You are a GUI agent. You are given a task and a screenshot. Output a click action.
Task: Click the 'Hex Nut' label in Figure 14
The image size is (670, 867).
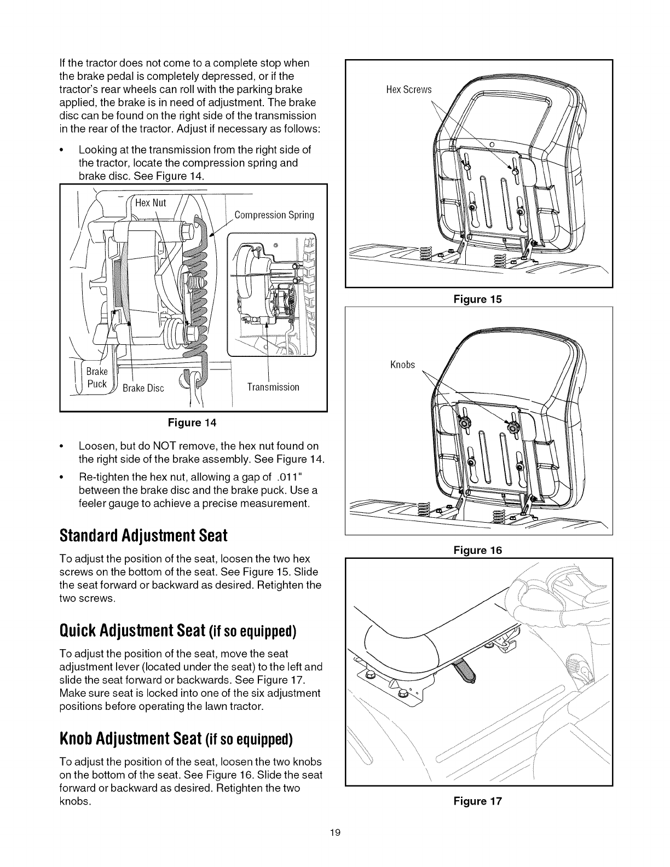click(151, 203)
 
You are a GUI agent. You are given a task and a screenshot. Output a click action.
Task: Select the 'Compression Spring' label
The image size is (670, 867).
click(274, 215)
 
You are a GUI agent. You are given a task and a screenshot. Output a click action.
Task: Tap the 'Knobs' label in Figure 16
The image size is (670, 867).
click(402, 365)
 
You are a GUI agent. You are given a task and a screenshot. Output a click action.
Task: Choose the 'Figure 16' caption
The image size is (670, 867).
click(477, 550)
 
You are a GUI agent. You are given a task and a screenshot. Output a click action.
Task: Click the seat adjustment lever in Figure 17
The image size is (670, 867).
click(464, 671)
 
